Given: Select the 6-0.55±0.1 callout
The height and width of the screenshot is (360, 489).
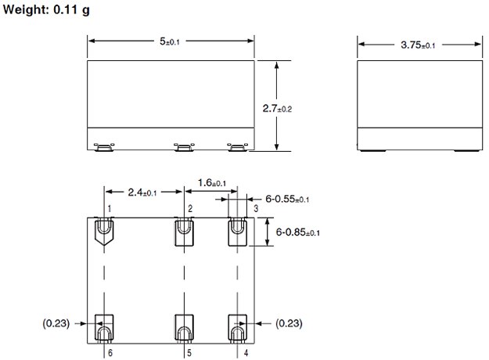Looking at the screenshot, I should [x=287, y=199].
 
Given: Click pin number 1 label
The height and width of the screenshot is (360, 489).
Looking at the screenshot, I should [x=110, y=207].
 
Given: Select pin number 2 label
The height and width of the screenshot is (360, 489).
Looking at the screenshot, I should [x=189, y=207].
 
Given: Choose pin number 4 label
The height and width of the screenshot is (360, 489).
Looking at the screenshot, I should [x=246, y=353].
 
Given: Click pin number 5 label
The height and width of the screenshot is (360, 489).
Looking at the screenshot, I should [x=189, y=353].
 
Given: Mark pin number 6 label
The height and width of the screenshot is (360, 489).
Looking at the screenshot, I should [x=110, y=353].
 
